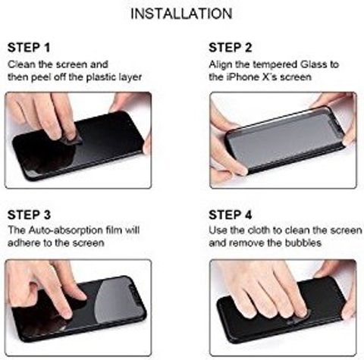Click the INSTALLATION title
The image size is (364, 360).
click(181, 14)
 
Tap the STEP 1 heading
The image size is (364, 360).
click(29, 48)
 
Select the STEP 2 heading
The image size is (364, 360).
click(231, 48)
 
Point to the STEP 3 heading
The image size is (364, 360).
click(29, 214)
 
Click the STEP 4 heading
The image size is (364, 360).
click(231, 214)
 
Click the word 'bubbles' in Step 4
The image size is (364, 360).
click(303, 243)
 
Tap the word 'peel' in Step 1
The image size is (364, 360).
click(42, 77)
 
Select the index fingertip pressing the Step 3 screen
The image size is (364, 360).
click(66, 314)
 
